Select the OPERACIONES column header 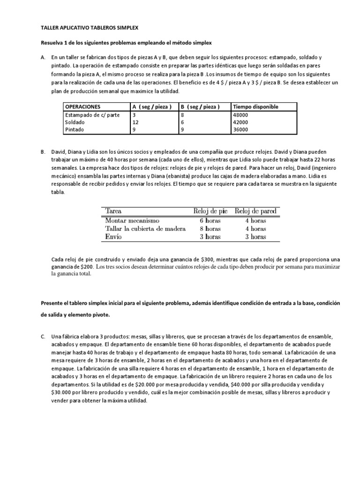(x=83, y=106)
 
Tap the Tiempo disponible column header (x=255, y=106)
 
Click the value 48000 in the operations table (x=241, y=114)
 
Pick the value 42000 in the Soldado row (x=241, y=122)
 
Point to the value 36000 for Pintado (x=241, y=129)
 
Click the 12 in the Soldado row (x=135, y=122)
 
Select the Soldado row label (x=75, y=122)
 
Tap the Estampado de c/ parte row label (x=89, y=114)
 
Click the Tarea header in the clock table (x=113, y=210)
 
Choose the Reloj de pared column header (x=255, y=210)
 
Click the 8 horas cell (x=207, y=229)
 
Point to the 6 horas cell (x=207, y=220)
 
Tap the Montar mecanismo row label (x=133, y=220)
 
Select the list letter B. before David (x=43, y=152)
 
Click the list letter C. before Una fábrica (x=43, y=337)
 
